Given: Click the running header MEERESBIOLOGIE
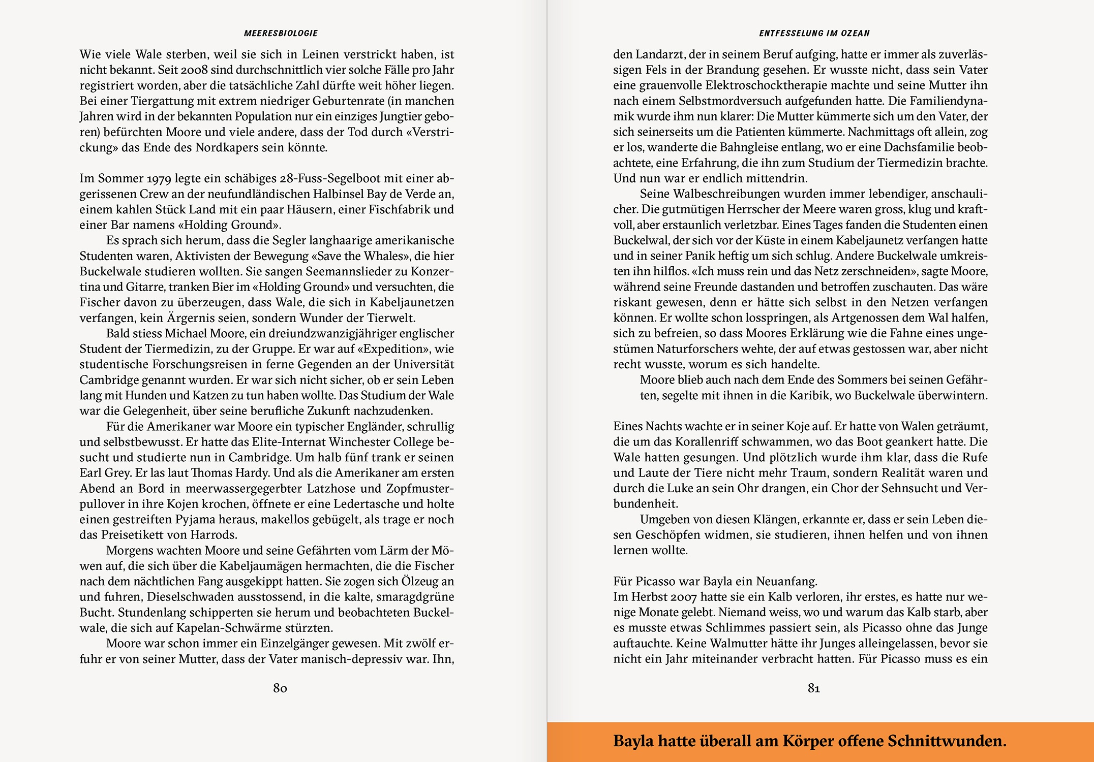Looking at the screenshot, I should pos(281,34).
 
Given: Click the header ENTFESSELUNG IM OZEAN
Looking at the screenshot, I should pos(814,34).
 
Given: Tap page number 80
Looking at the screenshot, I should pos(280,688).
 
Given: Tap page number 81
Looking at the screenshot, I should pos(814,688).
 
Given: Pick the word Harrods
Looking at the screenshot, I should pos(214,535).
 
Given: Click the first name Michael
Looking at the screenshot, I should pos(187,334).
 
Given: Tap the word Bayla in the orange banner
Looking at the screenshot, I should pos(633,741).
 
